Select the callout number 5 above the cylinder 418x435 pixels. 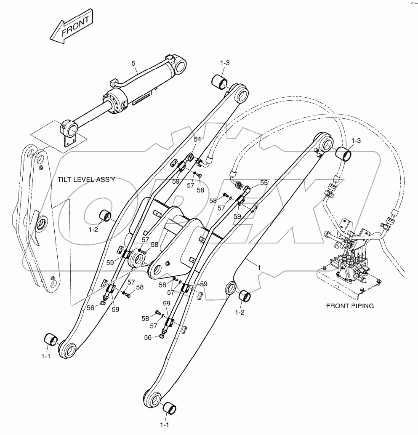point(133,64)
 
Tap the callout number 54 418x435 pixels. point(197,139)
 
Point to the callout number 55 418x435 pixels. point(264,183)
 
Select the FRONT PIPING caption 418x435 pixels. point(350,306)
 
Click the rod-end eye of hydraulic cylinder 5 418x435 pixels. point(70,127)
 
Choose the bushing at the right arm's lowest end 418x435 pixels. point(169,408)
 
